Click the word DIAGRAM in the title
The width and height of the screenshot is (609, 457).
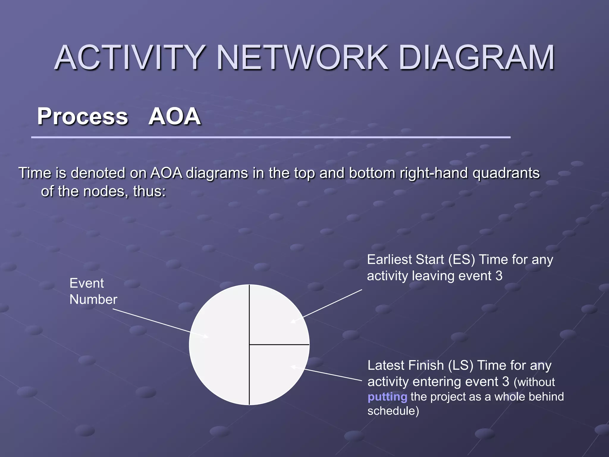(476, 57)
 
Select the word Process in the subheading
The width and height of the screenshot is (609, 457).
(83, 116)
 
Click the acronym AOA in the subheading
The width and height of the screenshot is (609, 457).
(175, 116)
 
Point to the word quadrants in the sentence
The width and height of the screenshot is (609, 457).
(506, 173)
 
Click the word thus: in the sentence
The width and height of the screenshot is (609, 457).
(149, 191)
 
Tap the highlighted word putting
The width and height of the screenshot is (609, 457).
(387, 397)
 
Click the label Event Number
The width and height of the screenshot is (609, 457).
(93, 291)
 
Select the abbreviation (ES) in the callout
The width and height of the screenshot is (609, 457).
(462, 259)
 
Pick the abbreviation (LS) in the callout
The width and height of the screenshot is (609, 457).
(460, 365)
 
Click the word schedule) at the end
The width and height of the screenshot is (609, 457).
(393, 411)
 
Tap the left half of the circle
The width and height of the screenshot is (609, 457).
(220, 345)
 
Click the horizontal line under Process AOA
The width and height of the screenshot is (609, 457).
(271, 137)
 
